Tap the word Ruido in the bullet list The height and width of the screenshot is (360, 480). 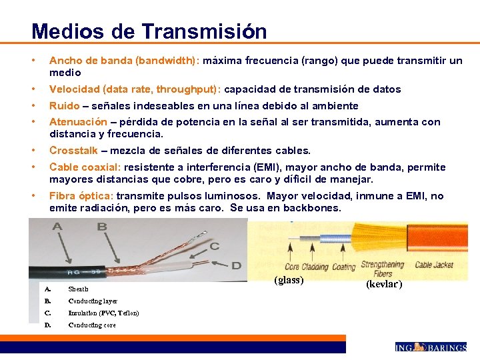click(64, 106)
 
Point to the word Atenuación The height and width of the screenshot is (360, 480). click(78, 122)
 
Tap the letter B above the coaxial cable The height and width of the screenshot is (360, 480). click(101, 227)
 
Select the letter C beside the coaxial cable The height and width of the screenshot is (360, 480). click(215, 246)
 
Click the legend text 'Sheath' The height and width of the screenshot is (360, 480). click(78, 289)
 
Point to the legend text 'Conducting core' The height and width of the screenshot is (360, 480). click(92, 325)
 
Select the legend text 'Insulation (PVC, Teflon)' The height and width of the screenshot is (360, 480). click(103, 313)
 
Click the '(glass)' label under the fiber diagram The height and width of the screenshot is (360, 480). click(289, 280)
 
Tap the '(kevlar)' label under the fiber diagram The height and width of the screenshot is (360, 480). click(384, 284)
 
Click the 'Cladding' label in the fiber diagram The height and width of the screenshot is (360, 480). click(315, 267)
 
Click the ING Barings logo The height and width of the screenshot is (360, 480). click(431, 347)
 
